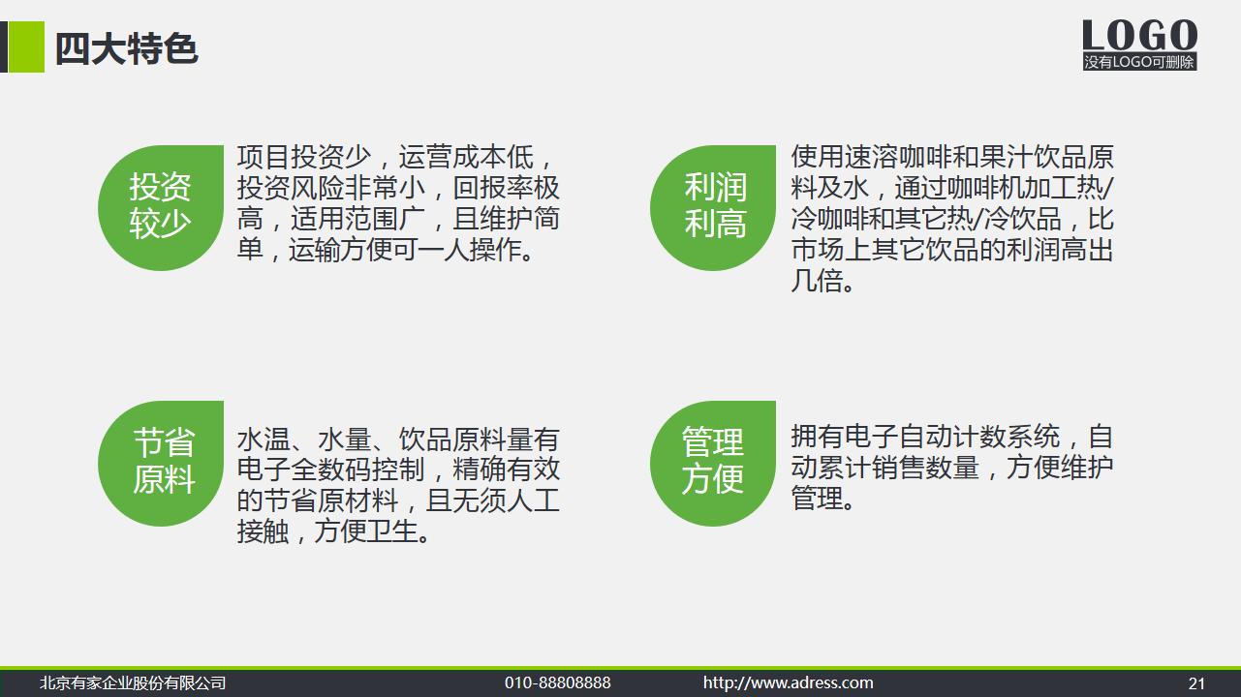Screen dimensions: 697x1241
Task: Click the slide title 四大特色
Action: pyautogui.click(x=126, y=48)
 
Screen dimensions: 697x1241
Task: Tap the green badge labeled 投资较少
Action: pyautogui.click(x=161, y=206)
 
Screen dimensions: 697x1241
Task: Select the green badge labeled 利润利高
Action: pyautogui.click(x=714, y=206)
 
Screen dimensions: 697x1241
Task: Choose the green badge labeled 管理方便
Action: pyautogui.click(x=714, y=463)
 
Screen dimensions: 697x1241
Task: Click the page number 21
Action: pyautogui.click(x=1196, y=683)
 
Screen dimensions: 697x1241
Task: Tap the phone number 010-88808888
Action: pyautogui.click(x=557, y=683)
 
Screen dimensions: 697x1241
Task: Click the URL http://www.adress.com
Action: pyautogui.click(x=788, y=683)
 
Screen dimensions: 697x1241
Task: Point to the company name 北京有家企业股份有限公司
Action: pyautogui.click(x=133, y=683)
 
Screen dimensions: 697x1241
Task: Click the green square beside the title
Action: pyautogui.click(x=26, y=46)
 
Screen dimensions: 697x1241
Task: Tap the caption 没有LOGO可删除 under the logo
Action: pyautogui.click(x=1139, y=62)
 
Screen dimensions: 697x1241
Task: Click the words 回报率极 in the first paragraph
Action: pyautogui.click(x=506, y=188)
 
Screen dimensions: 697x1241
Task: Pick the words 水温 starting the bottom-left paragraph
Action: pyautogui.click(x=264, y=439)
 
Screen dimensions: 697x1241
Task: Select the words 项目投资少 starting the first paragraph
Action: pyautogui.click(x=303, y=157)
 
